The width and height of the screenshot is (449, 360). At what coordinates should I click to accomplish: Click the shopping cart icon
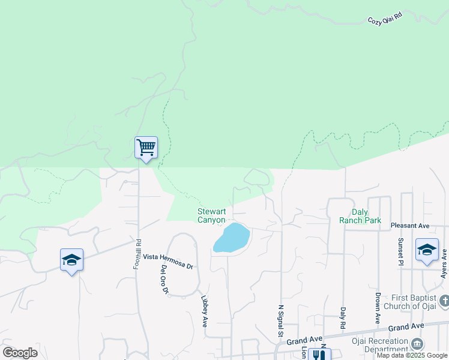[x=146, y=147]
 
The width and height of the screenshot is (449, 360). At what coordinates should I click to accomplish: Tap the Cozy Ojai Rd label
[x=385, y=18]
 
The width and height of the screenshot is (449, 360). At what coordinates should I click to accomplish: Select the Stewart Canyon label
[x=212, y=215]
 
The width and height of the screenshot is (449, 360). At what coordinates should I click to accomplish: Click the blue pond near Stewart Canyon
[x=232, y=238]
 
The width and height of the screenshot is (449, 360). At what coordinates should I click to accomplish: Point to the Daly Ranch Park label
[x=360, y=216]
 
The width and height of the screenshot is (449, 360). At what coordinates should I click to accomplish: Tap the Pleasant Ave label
[x=410, y=226]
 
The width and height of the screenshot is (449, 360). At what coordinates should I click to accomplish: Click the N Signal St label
[x=280, y=323]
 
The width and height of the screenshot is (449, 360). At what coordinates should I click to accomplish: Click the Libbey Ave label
[x=205, y=312]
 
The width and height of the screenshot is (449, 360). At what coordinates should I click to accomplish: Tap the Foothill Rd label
[x=138, y=254]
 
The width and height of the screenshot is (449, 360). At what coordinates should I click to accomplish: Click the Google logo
[x=20, y=352]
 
